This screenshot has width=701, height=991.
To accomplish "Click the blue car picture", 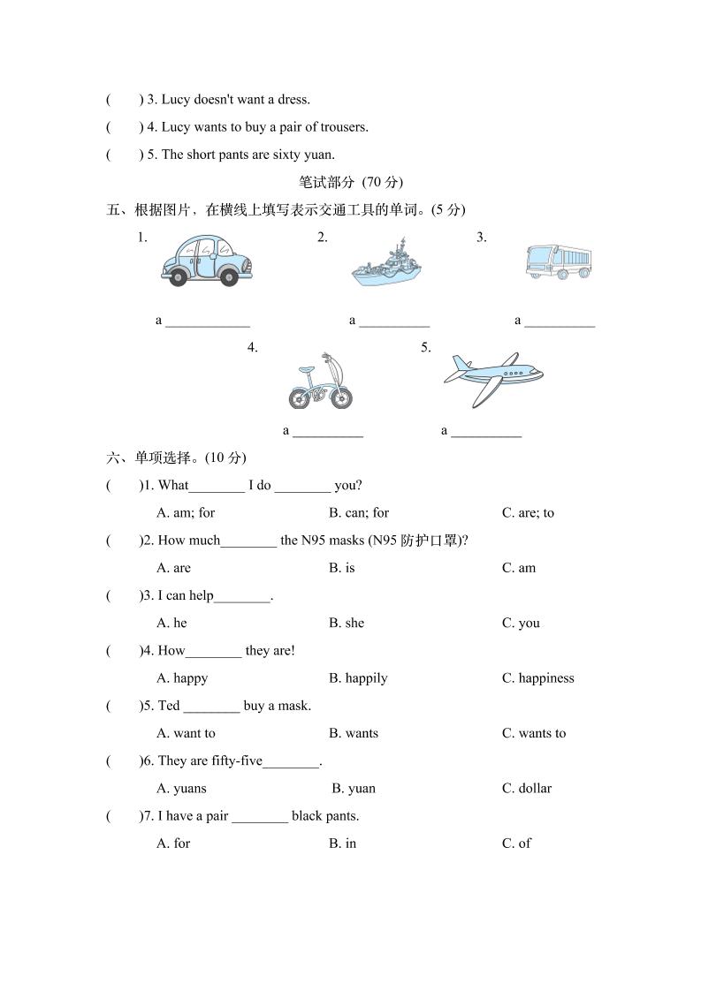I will coord(206,260).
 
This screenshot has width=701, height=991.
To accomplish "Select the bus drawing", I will coord(558,262).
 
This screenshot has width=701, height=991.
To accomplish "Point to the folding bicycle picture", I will coord(320,382).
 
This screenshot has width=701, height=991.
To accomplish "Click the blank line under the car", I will coord(208,322).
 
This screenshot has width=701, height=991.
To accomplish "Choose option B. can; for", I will coord(359,513).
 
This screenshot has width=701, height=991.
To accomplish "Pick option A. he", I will coord(172,624).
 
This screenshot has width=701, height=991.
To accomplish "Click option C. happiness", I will coord(537,678).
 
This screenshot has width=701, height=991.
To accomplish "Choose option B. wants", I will coord(354,733).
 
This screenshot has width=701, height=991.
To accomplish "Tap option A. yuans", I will coord(181,789).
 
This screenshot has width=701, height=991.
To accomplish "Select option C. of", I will coord(516,843).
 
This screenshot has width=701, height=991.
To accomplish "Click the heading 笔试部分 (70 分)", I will coord(350,183).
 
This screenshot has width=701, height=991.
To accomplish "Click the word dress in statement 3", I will coord(293,100).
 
